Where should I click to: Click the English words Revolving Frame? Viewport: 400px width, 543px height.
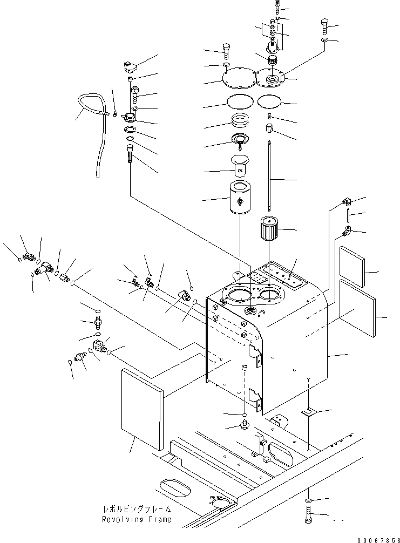click(137, 519)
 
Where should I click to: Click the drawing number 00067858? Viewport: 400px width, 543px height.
click(379, 540)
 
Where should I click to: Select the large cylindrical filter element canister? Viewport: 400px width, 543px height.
click(240, 199)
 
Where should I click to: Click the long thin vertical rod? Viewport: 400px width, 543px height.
click(269, 175)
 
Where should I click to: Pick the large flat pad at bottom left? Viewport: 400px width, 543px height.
click(142, 410)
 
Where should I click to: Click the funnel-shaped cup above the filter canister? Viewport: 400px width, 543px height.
click(240, 165)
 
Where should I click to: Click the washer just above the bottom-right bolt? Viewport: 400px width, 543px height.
click(308, 500)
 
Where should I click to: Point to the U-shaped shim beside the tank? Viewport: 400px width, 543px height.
click(307, 411)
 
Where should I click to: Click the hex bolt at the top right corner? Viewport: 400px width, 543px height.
click(324, 25)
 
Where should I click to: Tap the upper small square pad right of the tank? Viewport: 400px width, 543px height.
click(352, 266)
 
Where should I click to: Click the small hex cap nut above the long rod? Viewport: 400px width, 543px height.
click(270, 128)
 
